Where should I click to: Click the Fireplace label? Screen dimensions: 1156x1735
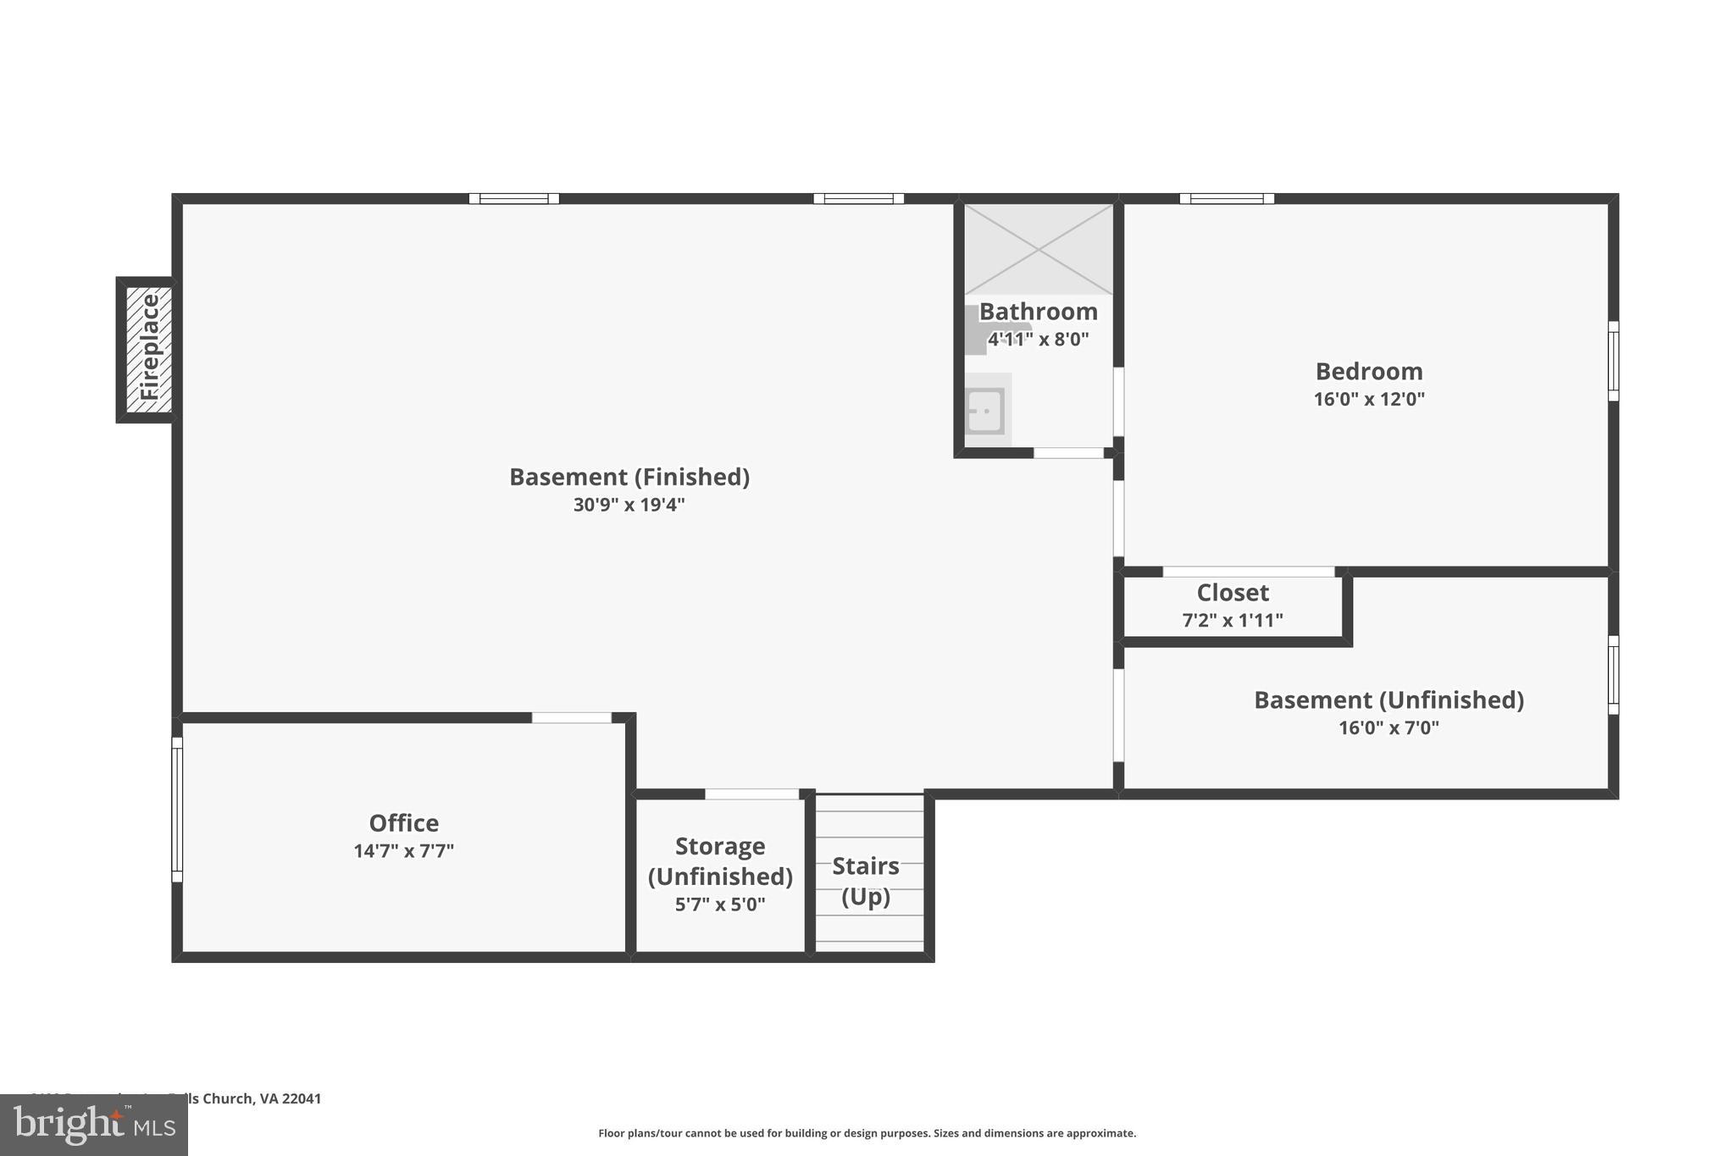(x=149, y=348)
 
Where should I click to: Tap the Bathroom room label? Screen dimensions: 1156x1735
(x=1039, y=312)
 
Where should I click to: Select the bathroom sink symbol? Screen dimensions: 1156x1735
(x=985, y=411)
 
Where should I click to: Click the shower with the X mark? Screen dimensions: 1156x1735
(x=1039, y=249)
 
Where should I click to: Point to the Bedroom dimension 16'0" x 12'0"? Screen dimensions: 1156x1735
(x=1369, y=399)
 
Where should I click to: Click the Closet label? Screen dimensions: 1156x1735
(x=1233, y=592)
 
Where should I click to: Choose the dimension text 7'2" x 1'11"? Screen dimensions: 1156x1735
(x=1233, y=620)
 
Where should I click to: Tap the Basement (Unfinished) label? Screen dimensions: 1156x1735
(x=1389, y=700)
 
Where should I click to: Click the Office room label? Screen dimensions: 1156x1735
(x=403, y=823)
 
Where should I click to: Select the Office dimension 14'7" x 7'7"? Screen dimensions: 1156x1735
(x=403, y=851)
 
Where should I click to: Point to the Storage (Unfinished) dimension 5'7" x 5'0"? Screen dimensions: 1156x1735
(x=720, y=904)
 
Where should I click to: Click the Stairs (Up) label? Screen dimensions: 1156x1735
(x=866, y=881)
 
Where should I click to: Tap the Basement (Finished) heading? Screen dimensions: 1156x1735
(x=629, y=477)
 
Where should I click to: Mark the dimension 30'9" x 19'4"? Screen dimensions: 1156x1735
(x=629, y=505)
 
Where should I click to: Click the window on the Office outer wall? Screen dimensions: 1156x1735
(x=177, y=809)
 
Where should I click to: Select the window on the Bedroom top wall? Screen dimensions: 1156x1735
(x=1227, y=199)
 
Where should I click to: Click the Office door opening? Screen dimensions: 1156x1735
(x=572, y=718)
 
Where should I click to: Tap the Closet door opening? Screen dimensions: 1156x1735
(x=1249, y=572)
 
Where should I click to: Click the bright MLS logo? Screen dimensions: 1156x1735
(x=94, y=1125)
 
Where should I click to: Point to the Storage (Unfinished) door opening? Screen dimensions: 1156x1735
(x=752, y=794)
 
